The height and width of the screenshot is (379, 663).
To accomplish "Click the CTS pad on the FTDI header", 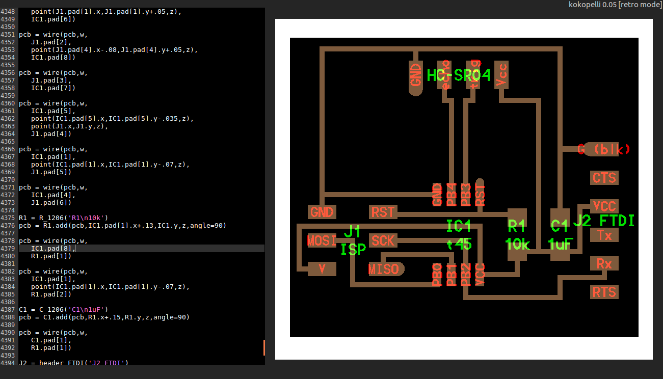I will [x=604, y=178].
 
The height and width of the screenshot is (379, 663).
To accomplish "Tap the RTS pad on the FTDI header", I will [x=604, y=292].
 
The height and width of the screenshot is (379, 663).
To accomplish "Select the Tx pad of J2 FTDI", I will [x=604, y=235].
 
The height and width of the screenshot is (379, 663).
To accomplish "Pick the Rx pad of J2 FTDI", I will [x=604, y=263].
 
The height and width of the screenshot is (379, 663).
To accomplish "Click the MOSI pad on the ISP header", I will [x=322, y=240].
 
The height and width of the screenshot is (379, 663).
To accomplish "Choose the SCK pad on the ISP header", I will [x=383, y=240].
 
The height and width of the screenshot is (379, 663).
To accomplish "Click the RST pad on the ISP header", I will [x=383, y=212].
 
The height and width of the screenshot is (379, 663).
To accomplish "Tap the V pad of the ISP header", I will [x=322, y=269].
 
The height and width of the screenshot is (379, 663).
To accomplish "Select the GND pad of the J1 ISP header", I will [x=322, y=212].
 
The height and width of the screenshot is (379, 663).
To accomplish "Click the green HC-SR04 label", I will [x=459, y=76].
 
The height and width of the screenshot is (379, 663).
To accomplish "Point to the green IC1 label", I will [x=458, y=226].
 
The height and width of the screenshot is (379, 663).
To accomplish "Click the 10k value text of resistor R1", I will [x=518, y=245].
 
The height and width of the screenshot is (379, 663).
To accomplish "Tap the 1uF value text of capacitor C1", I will [x=560, y=245].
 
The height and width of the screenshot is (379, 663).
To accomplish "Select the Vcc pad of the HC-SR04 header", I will [x=501, y=75].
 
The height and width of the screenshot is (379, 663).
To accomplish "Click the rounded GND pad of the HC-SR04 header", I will [x=416, y=77].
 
